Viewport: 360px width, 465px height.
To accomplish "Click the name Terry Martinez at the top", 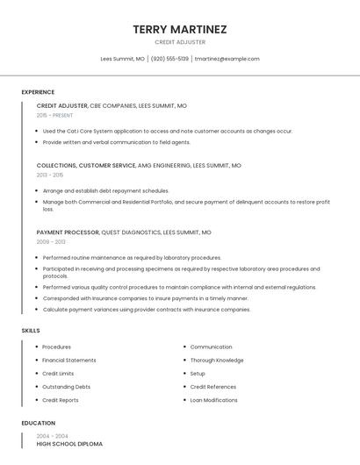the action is coord(180,29).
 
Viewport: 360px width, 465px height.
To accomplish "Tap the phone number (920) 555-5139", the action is coord(169,59).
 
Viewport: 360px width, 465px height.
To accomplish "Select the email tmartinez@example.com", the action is coord(227,59).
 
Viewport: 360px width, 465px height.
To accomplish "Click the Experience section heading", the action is coord(38,92).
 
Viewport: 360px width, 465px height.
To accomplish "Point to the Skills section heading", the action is coord(31,331).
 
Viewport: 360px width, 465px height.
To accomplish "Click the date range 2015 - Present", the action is coord(54,115).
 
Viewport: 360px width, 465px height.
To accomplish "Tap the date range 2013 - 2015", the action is coord(50,175).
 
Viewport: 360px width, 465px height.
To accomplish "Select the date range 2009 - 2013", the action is coord(51,242).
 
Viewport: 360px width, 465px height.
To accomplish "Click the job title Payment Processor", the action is coord(68,233).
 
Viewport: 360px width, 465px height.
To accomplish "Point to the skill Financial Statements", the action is coord(69,361).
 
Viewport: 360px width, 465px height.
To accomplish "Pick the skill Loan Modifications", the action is coord(213,400).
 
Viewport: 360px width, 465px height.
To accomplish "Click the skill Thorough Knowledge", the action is coord(217,361).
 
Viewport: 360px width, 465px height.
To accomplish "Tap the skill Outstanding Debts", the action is coord(66,387).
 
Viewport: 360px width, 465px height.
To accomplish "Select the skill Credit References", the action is coord(212,387).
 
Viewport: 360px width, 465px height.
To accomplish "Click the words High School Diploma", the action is coord(69,444).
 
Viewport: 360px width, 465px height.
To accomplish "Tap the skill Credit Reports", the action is coord(60,400).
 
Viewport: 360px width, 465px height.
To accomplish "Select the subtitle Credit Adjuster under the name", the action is coord(180,42).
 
